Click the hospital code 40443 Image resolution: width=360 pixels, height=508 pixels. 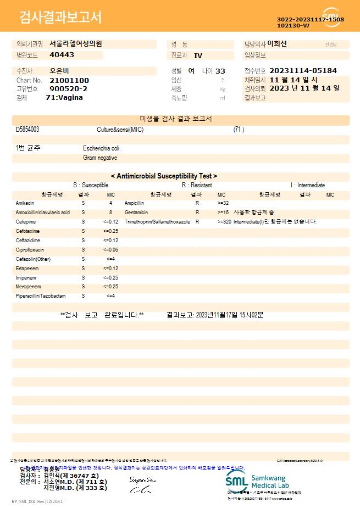[x=62, y=55]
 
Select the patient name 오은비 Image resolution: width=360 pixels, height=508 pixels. [x=59, y=71]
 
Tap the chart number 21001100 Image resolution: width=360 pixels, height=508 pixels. [x=69, y=80]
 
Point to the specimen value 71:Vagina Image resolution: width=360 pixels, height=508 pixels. [x=64, y=97]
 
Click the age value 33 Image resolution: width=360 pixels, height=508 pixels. [x=220, y=71]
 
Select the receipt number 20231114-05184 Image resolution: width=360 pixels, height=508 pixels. [x=303, y=71]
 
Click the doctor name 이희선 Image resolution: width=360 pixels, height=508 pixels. [x=280, y=44]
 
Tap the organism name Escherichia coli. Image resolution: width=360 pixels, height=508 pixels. [x=102, y=148]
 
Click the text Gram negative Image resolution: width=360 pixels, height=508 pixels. [x=100, y=158]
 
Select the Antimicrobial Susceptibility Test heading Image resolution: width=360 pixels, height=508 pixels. [x=164, y=176]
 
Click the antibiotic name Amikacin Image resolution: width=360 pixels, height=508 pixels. [x=25, y=203]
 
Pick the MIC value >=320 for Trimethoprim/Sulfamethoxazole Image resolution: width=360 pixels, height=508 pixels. [x=224, y=222]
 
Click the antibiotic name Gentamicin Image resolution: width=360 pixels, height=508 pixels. [x=136, y=213]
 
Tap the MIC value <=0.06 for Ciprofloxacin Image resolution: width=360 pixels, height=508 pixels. [x=110, y=250]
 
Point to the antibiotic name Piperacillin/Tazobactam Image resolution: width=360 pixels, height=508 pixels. [x=41, y=296]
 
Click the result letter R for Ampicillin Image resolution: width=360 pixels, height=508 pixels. [x=197, y=203]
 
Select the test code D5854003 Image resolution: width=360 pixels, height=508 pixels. [x=27, y=130]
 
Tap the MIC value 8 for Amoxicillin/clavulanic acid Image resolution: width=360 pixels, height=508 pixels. [x=110, y=213]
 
